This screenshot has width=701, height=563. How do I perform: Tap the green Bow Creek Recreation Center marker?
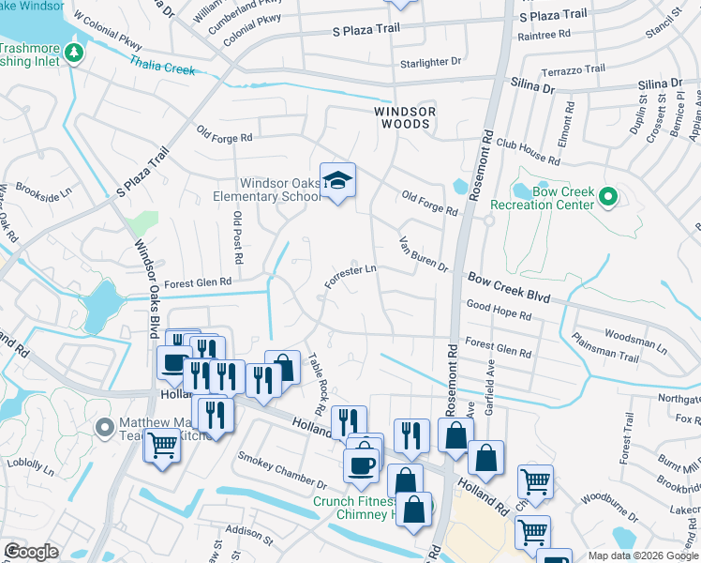pyautogui.click(x=607, y=196)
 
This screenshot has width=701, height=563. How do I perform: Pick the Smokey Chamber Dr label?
pyautogui.click(x=281, y=471)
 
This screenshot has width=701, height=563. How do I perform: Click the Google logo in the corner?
pyautogui.click(x=31, y=552)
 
